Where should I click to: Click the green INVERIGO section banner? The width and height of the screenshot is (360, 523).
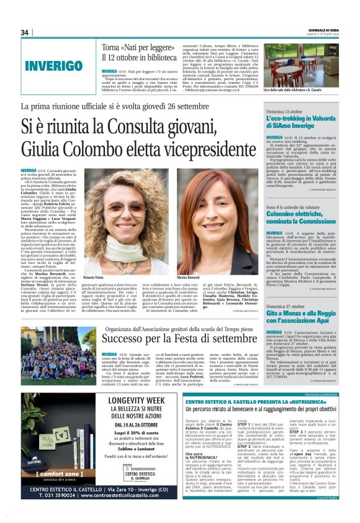pos(53,66)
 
